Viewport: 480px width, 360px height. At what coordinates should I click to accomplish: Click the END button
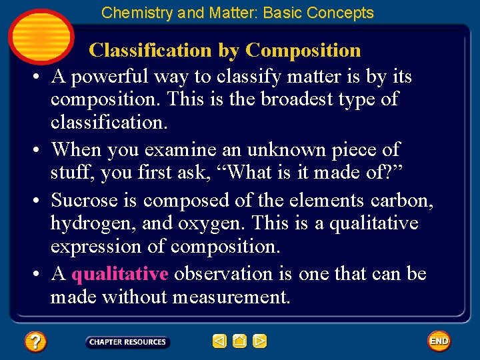439,341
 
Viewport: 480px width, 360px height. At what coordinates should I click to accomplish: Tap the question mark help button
35,342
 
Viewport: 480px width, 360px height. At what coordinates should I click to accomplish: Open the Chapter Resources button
127,342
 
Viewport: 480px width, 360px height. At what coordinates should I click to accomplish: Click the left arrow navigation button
219,341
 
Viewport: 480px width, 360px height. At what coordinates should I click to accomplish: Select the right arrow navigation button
260,341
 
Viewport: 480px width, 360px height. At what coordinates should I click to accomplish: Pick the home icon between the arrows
240,341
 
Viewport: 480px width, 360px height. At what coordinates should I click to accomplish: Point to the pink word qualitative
119,274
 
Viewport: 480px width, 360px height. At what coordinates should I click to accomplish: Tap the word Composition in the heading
303,50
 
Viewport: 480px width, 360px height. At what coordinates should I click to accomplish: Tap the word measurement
231,297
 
